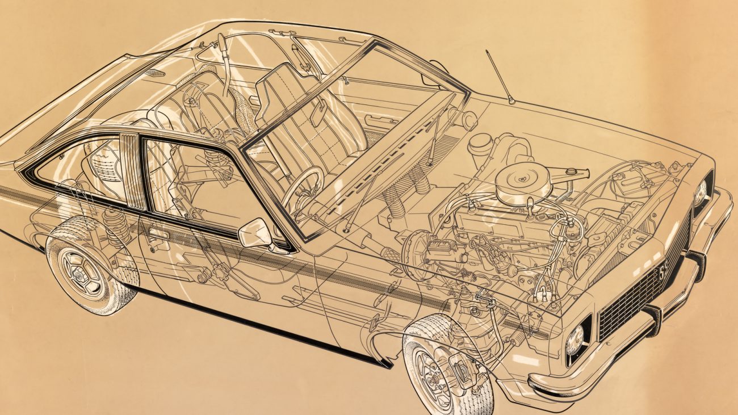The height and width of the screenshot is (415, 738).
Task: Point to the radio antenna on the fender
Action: (499, 77)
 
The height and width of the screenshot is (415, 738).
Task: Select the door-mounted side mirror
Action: (255, 233)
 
